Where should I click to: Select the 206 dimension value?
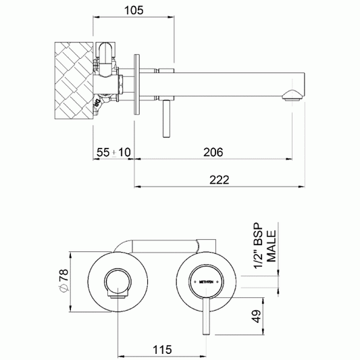(x=213, y=153)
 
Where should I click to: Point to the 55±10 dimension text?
(x=113, y=153)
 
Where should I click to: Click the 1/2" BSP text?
(x=257, y=245)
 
